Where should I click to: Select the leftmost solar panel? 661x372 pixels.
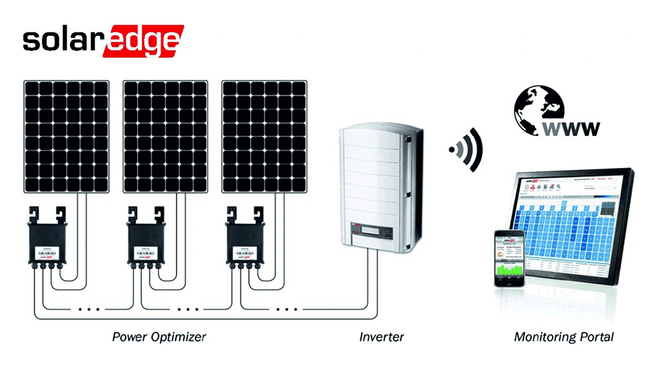67,137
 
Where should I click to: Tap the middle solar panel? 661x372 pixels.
165,137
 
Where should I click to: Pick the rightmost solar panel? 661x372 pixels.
264,137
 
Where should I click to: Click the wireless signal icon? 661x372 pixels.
466,149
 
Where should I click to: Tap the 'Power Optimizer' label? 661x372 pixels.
159,337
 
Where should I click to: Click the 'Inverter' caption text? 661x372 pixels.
381,337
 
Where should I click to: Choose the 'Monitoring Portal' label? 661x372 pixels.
564,337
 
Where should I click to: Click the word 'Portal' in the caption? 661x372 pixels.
594,337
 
